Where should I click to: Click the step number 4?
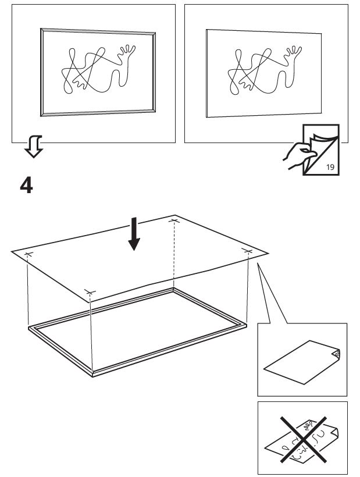(27, 185)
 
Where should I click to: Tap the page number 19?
(330, 167)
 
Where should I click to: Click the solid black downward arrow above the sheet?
(134, 234)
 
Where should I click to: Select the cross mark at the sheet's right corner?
(248, 251)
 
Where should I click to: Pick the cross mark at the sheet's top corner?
(173, 220)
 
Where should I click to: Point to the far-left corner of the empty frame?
(31, 329)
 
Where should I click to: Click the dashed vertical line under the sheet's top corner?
(174, 256)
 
